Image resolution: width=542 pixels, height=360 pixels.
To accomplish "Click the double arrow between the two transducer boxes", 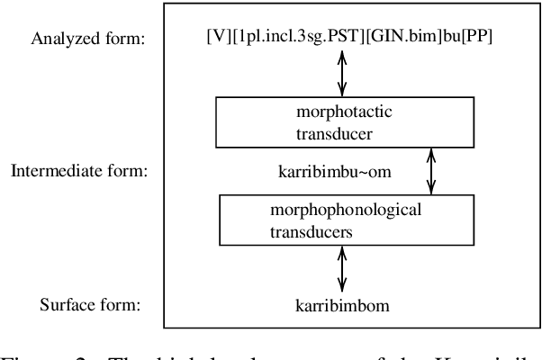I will tap(431, 171).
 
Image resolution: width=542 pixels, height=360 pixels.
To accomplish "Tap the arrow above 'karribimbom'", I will tap(342, 268).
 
